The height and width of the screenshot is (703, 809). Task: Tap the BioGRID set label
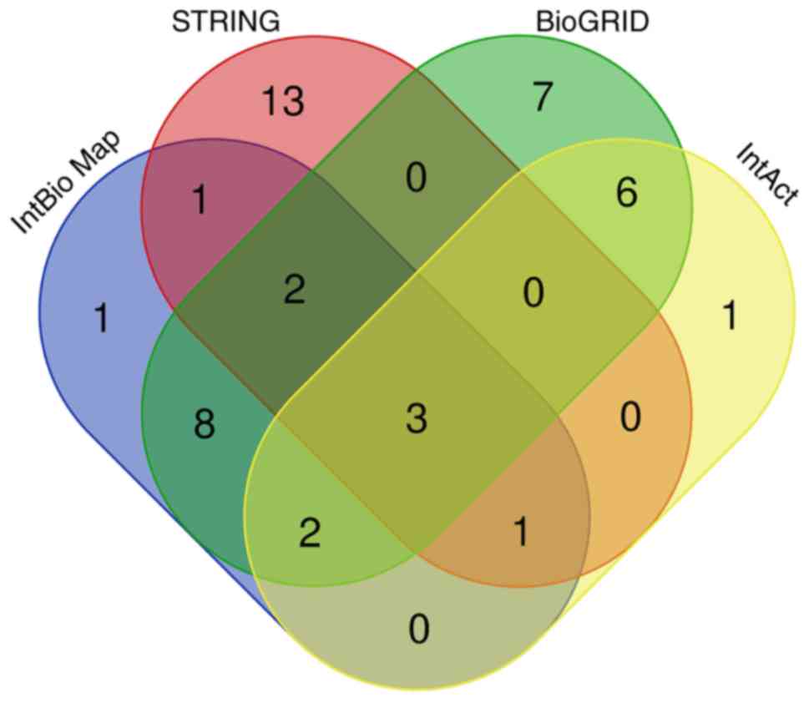click(592, 22)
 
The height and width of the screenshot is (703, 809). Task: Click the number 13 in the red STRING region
click(282, 102)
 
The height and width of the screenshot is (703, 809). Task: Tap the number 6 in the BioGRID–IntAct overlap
click(625, 193)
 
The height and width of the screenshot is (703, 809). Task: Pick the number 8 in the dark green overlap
click(204, 424)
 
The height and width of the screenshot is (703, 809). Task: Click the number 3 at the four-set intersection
click(416, 419)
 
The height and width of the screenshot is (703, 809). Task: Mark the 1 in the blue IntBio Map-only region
click(100, 318)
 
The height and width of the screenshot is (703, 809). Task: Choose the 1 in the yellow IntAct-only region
click(729, 316)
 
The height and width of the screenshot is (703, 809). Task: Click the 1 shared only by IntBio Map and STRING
click(199, 201)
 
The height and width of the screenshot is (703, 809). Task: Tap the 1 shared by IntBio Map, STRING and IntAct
click(520, 533)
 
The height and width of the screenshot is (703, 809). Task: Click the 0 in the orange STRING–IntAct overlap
click(630, 416)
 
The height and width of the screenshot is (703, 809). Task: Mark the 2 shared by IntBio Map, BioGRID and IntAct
click(310, 533)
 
